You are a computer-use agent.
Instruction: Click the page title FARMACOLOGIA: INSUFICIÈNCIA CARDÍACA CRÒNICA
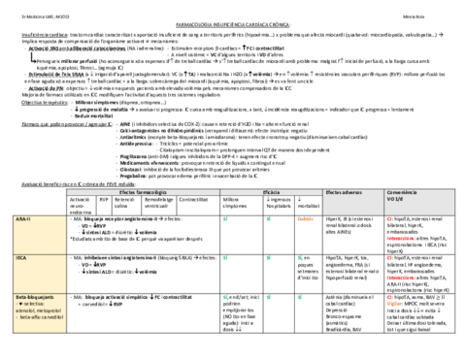(232, 18)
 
